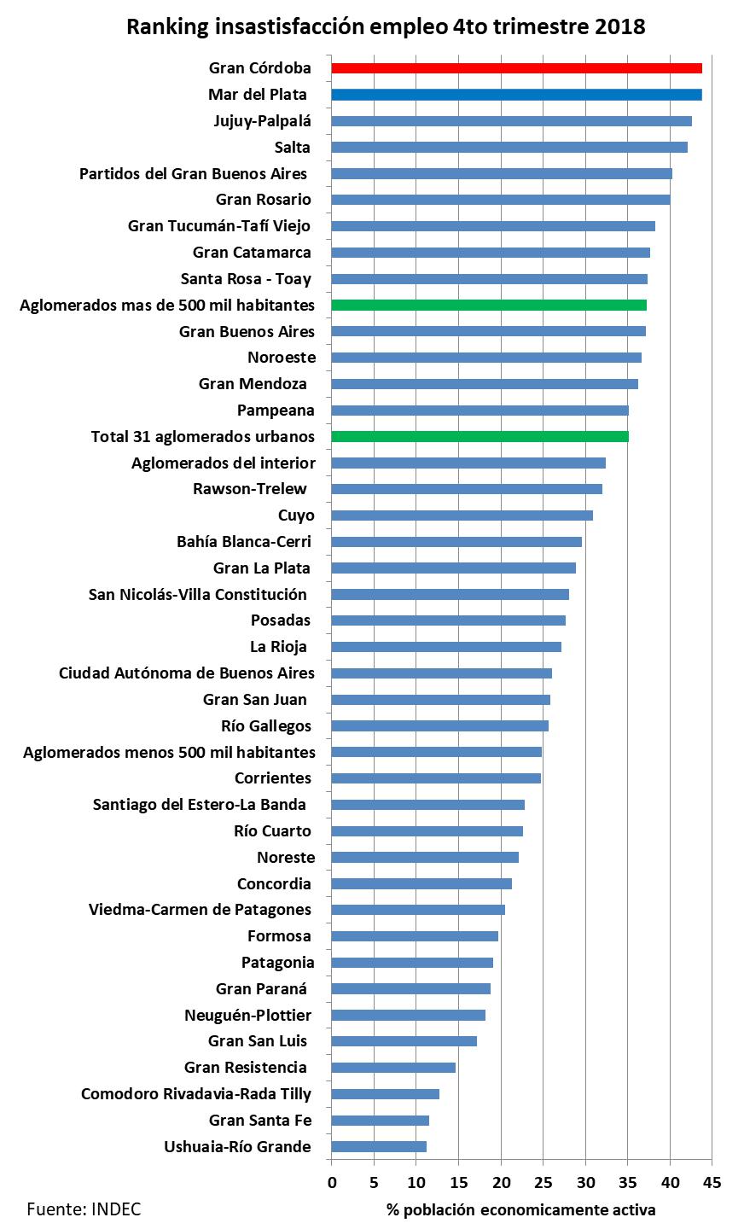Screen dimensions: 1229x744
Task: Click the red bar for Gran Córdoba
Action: coord(516,68)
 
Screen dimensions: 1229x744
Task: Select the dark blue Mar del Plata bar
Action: coord(516,95)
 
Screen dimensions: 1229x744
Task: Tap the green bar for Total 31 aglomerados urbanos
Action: coord(480,437)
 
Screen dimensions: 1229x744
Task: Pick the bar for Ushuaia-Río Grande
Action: coord(379,1147)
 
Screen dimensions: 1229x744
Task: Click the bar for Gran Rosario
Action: coord(500,200)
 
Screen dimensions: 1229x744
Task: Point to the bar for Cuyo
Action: coord(462,515)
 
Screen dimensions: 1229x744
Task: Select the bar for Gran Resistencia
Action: coord(393,1068)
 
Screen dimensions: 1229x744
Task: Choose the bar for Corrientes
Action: coord(436,778)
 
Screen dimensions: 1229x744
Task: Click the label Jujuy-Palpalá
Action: coord(262,121)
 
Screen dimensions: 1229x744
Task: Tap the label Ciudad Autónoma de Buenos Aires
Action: coord(186,673)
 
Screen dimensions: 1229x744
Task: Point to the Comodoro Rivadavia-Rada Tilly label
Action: coord(196,1094)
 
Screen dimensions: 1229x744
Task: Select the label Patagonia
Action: coord(277,963)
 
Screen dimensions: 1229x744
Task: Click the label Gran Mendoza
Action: coord(253,384)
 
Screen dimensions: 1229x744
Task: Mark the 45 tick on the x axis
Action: coord(712,1182)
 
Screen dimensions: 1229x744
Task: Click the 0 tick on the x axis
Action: coord(332,1182)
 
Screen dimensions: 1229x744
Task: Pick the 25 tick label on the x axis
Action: coord(543,1182)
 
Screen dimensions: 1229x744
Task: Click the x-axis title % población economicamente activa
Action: coord(520,1210)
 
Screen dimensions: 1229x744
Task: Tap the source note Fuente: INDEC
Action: coord(84,1209)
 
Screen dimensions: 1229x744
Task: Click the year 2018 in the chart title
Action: coord(620,27)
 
